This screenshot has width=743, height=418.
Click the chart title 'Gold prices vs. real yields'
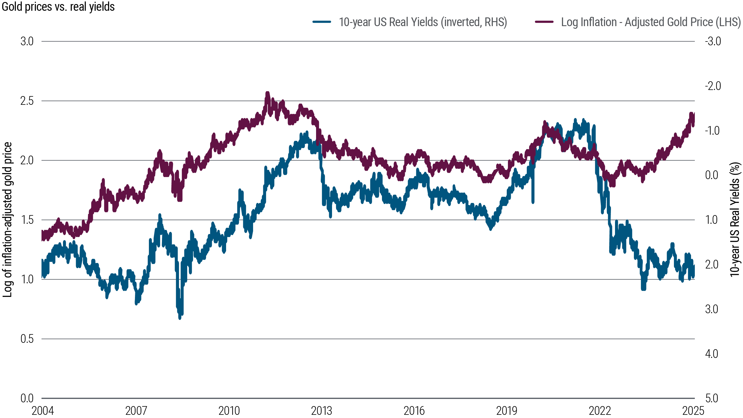[58, 7]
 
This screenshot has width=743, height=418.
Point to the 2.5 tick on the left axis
[27, 101]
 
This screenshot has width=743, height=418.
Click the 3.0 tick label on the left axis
[27, 42]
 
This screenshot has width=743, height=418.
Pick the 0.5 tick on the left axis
[27, 339]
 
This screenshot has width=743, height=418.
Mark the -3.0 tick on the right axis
[713, 42]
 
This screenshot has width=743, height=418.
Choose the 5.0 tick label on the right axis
[712, 398]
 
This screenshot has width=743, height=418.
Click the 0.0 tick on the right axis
[712, 175]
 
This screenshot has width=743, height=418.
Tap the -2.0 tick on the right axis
[713, 86]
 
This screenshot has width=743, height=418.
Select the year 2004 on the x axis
[43, 411]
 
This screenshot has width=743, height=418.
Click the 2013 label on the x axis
[321, 411]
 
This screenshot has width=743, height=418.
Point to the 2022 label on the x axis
[600, 411]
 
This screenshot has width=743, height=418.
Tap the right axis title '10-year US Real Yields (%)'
[735, 220]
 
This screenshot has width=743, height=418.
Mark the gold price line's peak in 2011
[267, 93]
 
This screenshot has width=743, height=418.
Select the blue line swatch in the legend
[322, 22]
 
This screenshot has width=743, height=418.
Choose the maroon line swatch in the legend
[544, 22]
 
